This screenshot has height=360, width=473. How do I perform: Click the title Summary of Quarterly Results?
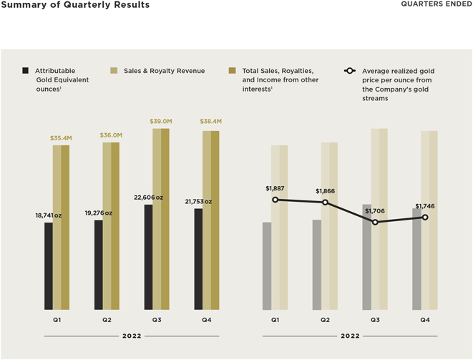pos(75,5)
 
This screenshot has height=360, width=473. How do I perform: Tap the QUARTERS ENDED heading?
pos(436,5)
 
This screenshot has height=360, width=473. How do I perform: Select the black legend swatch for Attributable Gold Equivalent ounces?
pos(26,71)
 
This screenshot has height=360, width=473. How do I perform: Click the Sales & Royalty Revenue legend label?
pos(164,71)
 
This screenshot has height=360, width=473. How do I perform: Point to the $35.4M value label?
pos(61,137)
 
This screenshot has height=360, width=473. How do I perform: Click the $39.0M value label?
pos(161,122)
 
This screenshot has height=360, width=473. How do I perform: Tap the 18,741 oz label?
pos(49,215)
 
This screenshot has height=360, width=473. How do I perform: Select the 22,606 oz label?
pos(149,198)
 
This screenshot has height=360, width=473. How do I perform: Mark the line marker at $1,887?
pos(275,200)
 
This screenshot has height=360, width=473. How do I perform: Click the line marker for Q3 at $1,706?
pos(375,222)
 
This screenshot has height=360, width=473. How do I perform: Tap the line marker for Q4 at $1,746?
pos(425,217)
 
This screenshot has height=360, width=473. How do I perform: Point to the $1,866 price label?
pos(326,192)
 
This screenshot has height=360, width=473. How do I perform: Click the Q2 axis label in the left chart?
pos(107,319)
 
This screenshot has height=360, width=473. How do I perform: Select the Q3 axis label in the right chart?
pos(375,319)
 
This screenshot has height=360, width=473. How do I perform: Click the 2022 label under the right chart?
pos(350,336)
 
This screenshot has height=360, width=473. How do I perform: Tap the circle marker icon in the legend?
pos(350,71)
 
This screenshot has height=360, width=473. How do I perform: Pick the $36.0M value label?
pos(111,135)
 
